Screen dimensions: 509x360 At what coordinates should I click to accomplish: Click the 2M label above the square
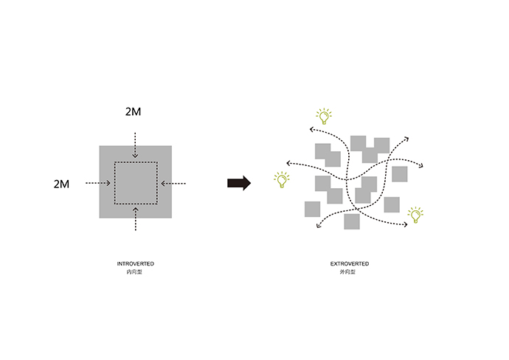coord(133,111)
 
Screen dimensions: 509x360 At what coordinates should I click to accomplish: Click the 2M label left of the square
coord(61,184)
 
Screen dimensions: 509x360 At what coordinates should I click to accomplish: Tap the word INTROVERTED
coord(136,263)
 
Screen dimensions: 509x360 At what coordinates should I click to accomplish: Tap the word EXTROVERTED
coord(350,263)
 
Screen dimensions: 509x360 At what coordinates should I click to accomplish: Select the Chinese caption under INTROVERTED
coord(134,271)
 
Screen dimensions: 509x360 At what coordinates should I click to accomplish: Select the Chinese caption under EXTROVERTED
coord(347,271)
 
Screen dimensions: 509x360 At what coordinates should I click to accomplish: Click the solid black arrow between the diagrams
coord(239,183)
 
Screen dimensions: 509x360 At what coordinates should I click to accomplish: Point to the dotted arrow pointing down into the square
coord(136,145)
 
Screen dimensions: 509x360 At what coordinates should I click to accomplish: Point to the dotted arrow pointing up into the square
coord(136,219)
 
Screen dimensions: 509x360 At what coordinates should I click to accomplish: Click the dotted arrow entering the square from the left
coord(98,184)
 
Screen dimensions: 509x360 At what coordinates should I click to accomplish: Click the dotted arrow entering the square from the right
coord(173,184)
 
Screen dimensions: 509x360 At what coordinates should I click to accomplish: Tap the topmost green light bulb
coord(324,117)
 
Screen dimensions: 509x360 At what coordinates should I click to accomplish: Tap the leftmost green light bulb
coord(282,179)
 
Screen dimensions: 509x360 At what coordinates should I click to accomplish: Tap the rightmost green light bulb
coord(415,215)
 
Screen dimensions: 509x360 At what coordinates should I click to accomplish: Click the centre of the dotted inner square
coord(136,183)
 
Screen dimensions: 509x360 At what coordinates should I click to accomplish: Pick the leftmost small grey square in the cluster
coord(312,209)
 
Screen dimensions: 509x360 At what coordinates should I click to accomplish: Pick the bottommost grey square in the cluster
coord(352,221)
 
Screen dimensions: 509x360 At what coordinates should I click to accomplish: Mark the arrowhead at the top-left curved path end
coord(311,130)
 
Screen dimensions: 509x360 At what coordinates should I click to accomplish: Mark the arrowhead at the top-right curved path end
coord(406,139)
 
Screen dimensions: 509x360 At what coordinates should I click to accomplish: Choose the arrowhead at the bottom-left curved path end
coord(319,225)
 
